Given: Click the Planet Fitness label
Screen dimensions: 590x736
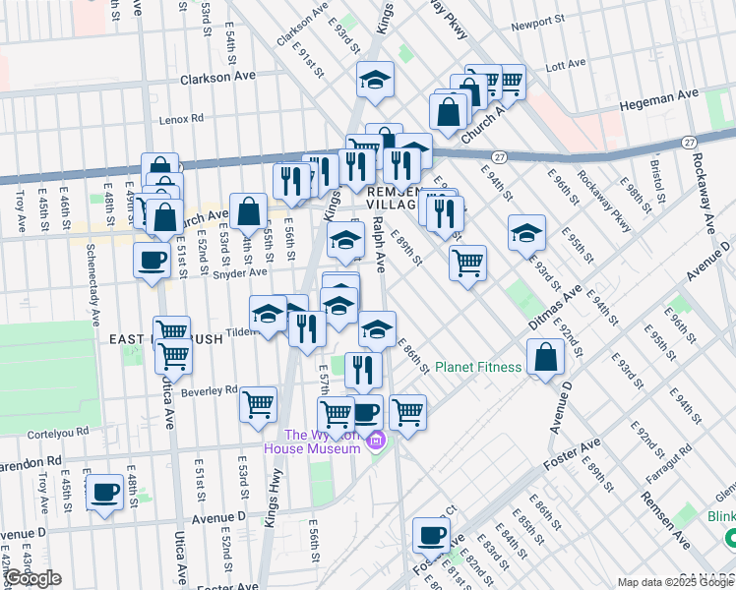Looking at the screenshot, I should [478, 368].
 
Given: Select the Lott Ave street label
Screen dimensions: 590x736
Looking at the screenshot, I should [566, 67].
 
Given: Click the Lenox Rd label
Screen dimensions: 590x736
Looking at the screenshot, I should [182, 119].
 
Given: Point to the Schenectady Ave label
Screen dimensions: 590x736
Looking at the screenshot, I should [94, 286].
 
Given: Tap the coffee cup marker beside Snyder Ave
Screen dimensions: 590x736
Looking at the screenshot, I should [152, 261].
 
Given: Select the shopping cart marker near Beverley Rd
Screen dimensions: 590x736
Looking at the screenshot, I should [259, 404].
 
